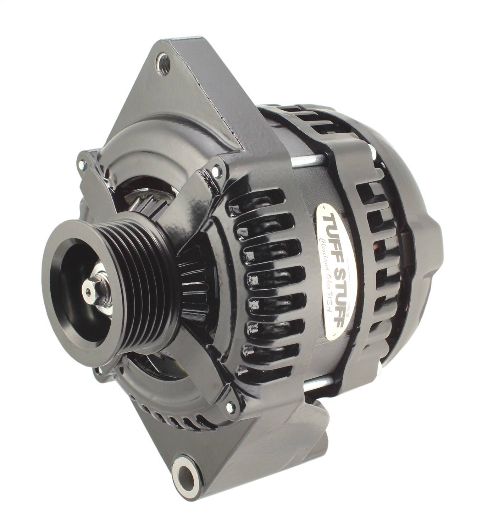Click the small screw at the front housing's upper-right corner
(215, 172)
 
